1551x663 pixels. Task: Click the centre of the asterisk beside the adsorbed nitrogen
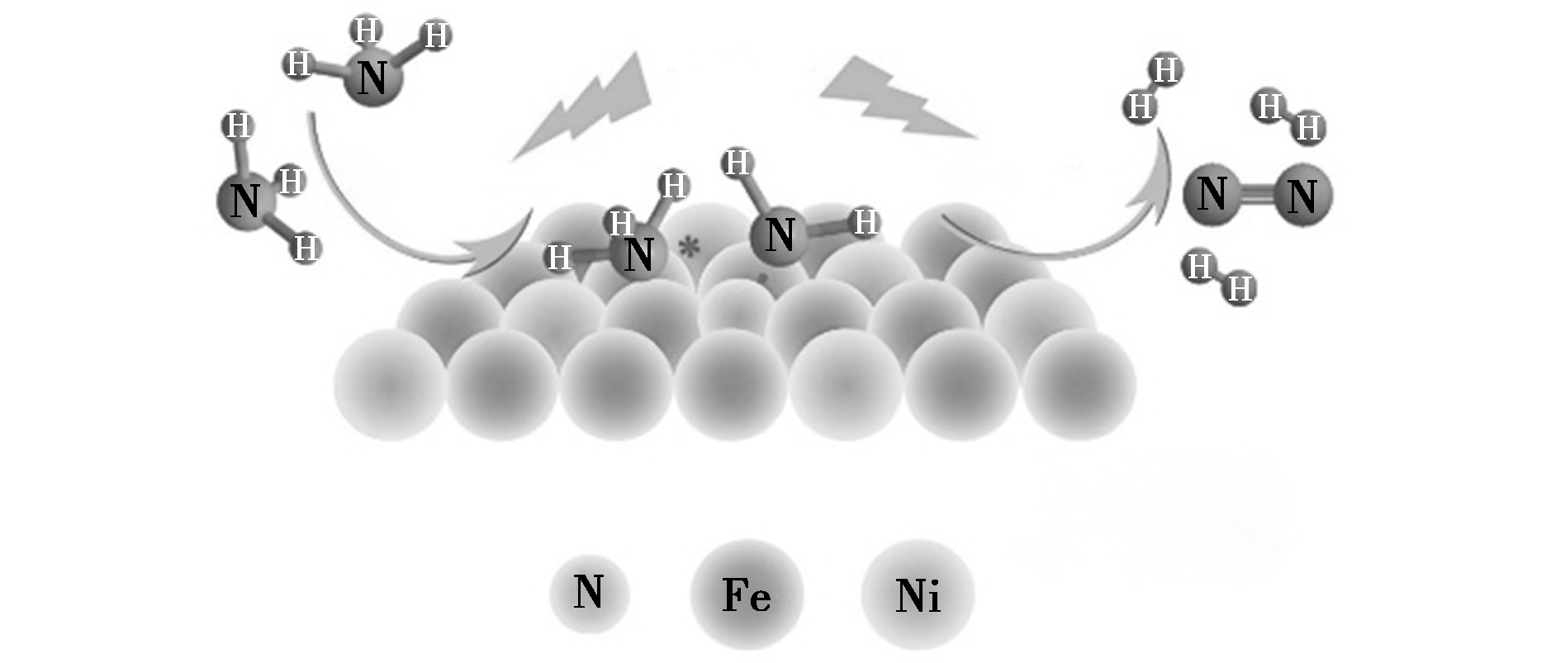pos(687,247)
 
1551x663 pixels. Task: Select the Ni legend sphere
pos(918,594)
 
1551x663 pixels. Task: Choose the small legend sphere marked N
pos(590,594)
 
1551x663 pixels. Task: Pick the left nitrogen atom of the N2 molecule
pos(1212,194)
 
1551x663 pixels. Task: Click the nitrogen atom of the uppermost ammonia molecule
pos(372,78)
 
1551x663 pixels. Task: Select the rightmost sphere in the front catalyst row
pos(1079,385)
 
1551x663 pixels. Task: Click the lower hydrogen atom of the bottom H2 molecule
pos(1239,289)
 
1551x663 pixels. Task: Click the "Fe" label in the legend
pos(747,594)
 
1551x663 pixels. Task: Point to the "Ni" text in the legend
pos(918,594)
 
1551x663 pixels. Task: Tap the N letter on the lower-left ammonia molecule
pos(244,201)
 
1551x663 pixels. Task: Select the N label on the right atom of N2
pos(1302,197)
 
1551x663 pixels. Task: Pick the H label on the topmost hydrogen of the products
pos(1166,70)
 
